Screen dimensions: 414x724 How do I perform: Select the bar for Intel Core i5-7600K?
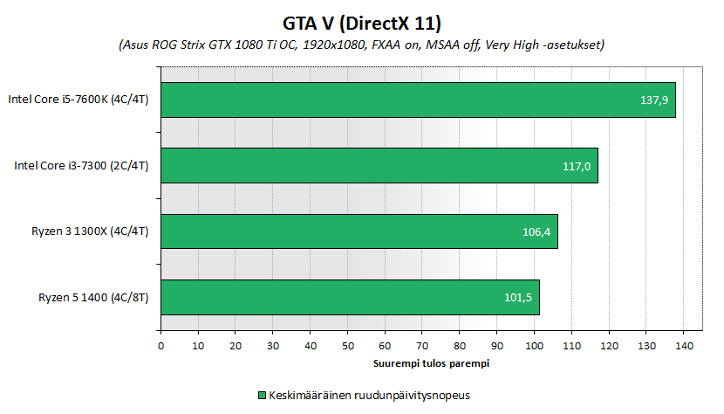418,100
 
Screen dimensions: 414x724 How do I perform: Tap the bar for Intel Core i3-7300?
379,165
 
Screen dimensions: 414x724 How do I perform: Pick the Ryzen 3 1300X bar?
359,231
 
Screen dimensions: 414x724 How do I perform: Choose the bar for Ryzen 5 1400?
350,297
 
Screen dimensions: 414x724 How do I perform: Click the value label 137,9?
653,100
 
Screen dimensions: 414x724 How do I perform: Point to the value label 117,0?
576,166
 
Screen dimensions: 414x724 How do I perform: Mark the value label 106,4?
536,232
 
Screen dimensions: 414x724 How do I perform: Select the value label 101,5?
518,298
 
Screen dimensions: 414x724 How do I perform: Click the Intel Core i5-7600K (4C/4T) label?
79,100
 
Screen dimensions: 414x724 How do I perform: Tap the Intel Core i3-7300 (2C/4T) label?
81,165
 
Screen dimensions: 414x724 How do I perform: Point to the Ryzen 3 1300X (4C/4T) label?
90,231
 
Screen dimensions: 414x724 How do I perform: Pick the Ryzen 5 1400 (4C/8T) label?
93,297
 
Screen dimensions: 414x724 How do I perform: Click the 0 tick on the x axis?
161,346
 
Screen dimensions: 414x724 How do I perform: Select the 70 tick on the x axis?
421,346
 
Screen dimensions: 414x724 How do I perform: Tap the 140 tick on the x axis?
682,346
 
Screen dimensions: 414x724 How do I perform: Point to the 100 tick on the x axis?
533,346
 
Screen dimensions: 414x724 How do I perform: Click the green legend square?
261,395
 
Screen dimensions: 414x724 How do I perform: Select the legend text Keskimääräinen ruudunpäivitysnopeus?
370,395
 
